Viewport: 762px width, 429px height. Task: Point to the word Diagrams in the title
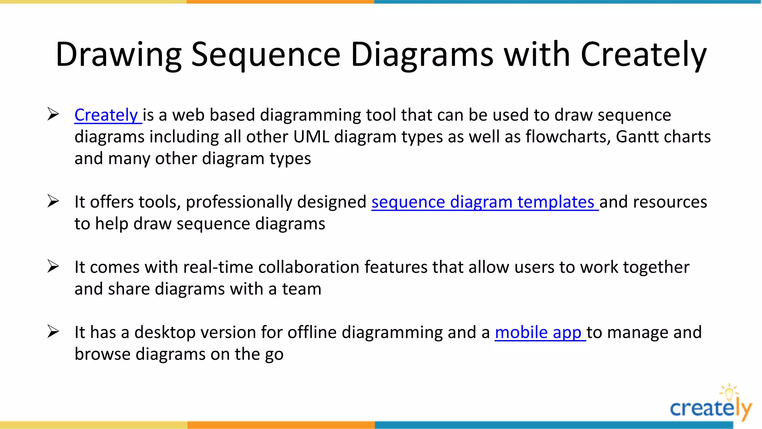(422, 55)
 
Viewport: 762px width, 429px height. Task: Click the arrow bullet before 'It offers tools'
(53, 201)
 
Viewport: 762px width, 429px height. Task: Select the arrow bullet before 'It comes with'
(53, 266)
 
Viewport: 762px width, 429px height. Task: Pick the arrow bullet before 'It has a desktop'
(53, 331)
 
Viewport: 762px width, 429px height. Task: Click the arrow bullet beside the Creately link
(53, 114)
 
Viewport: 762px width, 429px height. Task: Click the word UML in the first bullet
(311, 137)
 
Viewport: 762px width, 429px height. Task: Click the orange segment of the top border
(280, 2)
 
